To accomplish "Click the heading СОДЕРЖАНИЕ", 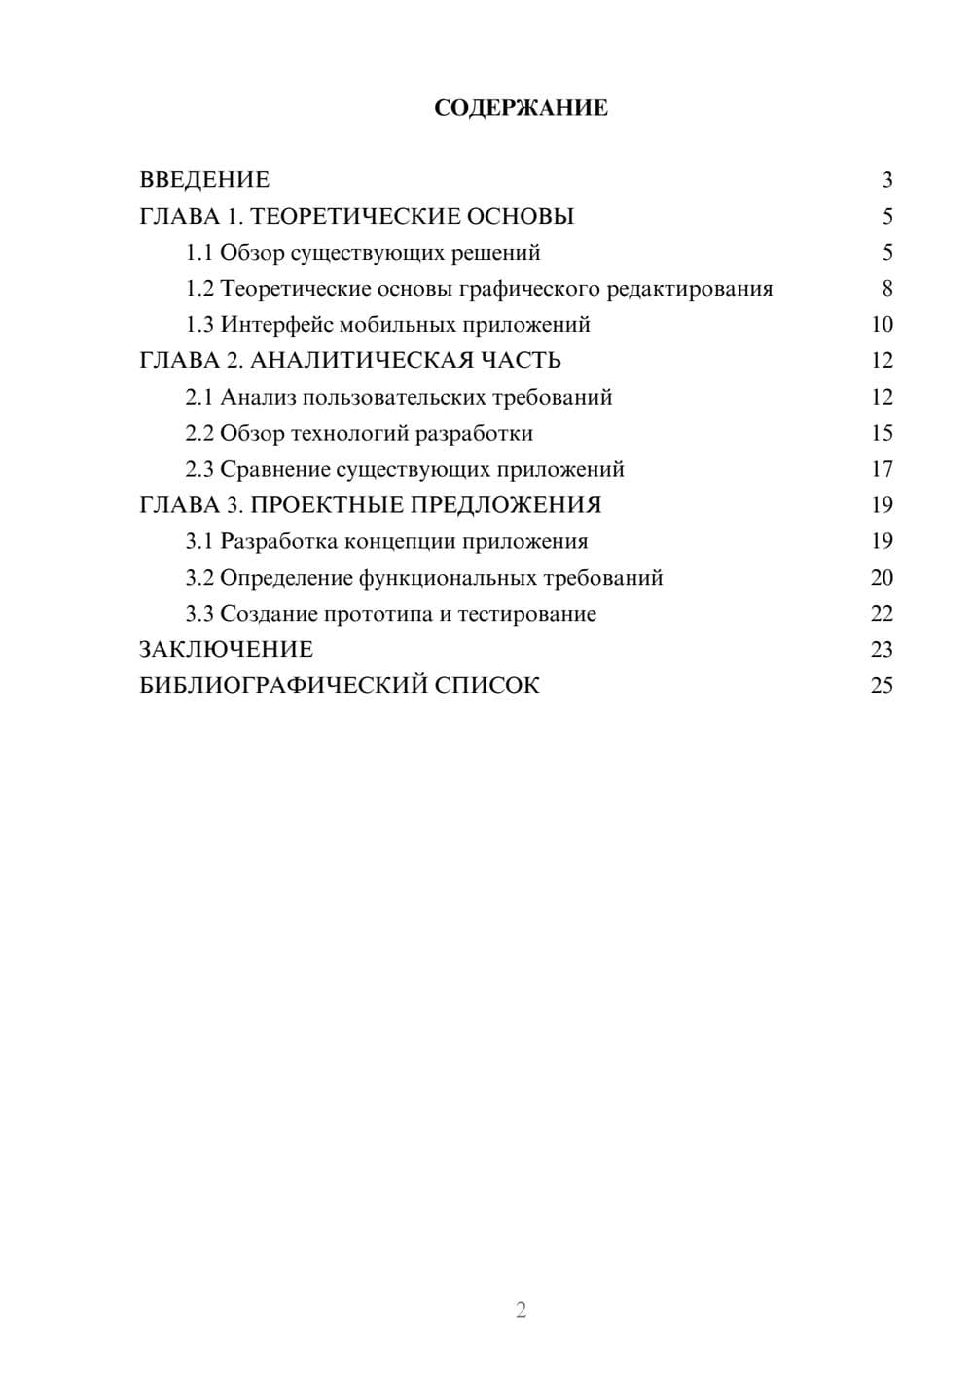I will point(521,108).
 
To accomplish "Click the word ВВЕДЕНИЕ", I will point(204,180).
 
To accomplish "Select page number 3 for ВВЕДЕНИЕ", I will point(886,180).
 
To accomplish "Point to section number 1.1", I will point(199,253).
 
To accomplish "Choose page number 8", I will point(886,289).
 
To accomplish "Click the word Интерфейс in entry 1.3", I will point(275,325).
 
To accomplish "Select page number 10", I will point(882,325).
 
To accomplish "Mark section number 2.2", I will point(199,433).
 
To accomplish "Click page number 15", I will point(882,433).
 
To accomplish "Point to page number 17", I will point(882,469).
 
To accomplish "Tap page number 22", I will point(882,614).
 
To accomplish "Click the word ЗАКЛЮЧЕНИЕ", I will point(227,650).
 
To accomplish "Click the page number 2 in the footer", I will point(521,1310).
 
